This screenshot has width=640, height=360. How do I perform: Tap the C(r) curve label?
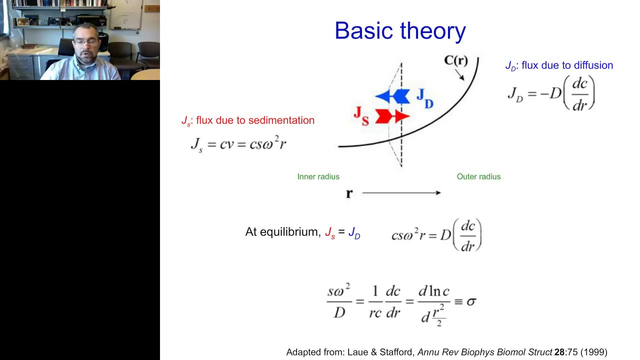456,60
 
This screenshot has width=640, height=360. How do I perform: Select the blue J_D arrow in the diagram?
392,96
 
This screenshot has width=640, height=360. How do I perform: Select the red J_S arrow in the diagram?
392,116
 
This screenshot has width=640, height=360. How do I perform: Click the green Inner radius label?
318,176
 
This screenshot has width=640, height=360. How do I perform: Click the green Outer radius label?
479,176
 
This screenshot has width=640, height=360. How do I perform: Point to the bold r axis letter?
349,193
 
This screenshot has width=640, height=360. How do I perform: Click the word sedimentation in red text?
281,120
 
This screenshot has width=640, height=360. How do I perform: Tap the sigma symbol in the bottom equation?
471,301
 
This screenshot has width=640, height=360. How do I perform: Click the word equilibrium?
290,232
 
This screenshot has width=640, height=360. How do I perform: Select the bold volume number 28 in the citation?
559,352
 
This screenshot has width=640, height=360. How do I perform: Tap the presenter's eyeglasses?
85,42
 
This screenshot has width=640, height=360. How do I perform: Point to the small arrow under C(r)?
459,75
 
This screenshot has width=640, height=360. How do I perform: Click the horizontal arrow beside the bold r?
401,193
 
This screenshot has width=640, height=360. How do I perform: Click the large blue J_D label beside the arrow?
425,98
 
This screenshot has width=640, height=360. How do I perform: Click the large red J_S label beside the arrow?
361,115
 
